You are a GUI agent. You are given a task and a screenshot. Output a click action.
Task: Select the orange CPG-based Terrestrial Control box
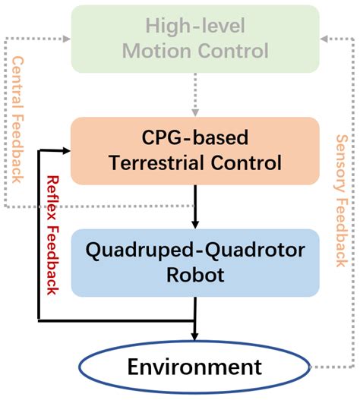(x=195, y=150)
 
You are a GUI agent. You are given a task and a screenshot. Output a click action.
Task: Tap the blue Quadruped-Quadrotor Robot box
(x=195, y=263)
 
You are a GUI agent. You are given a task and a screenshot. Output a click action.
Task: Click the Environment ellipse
(x=195, y=368)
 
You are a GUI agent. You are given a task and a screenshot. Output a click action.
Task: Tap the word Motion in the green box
(x=159, y=51)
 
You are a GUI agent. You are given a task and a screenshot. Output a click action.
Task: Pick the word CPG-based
(x=195, y=137)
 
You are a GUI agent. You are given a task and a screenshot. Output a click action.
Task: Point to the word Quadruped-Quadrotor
(x=195, y=250)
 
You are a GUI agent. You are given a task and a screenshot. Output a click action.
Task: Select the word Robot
(x=195, y=274)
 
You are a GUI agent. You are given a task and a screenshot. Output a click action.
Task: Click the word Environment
(x=195, y=368)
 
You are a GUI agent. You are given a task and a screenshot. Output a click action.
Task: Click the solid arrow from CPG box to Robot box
(x=195, y=205)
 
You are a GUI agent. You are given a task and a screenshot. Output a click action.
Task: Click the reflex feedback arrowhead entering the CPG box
(x=66, y=151)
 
